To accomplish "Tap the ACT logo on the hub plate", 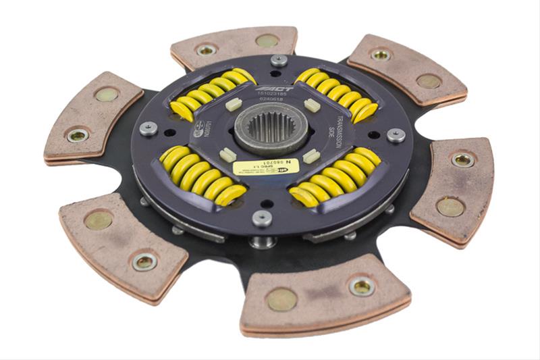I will pos(279,87).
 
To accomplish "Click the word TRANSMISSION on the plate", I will pos(339,122).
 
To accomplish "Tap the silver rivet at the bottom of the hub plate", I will pos(261,217).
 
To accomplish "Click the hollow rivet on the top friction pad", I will pos(206,49).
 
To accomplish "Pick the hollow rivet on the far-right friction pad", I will pos(462,160).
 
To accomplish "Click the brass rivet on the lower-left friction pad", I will pos(100,220).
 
